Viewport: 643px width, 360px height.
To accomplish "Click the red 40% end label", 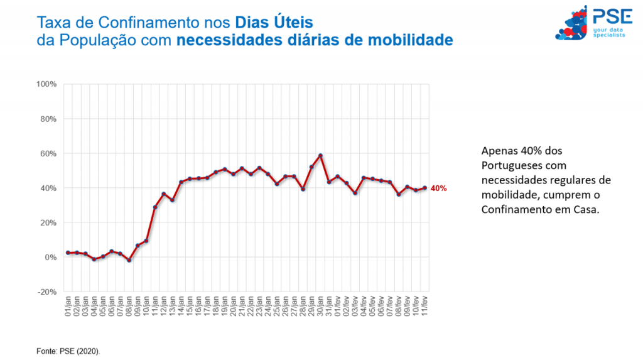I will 438,188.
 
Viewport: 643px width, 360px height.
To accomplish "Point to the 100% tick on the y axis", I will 48,84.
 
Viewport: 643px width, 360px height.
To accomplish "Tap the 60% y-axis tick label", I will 50,153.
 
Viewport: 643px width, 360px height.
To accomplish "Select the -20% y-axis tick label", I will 48,292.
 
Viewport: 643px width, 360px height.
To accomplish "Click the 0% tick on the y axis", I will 52,258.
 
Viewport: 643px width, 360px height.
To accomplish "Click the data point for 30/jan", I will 320,155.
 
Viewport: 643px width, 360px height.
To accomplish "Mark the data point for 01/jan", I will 68,253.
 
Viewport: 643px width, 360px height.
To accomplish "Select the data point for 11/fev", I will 424,187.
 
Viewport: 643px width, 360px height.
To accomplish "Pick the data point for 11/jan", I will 155,207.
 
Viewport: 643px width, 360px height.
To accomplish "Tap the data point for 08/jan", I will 129,260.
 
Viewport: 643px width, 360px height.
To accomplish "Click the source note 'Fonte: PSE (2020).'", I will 67,350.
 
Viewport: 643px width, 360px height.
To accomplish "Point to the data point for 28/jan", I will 303,189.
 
